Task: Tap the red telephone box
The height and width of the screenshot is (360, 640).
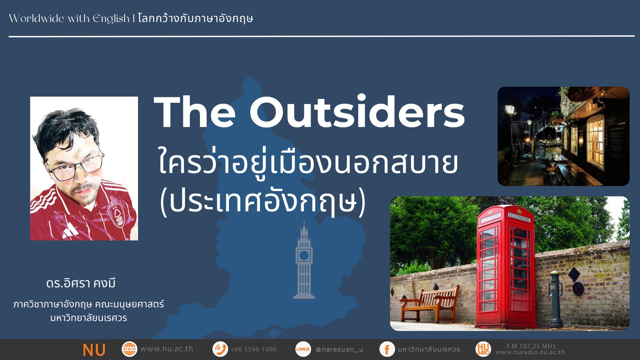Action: (506, 267)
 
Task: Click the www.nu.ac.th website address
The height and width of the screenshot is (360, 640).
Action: (167, 349)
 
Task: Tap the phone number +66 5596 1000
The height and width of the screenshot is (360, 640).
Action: (253, 349)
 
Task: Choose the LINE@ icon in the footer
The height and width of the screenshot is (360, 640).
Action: (303, 349)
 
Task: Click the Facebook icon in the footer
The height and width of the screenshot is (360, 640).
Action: (387, 349)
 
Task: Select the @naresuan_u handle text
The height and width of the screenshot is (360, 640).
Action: (339, 350)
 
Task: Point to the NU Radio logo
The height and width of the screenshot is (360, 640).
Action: (483, 349)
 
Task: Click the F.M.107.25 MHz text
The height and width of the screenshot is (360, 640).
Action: (531, 346)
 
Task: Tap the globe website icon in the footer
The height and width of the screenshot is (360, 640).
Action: (129, 349)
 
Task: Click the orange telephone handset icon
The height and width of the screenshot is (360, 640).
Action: (220, 349)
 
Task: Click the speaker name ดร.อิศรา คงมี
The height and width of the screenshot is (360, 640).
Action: (81, 283)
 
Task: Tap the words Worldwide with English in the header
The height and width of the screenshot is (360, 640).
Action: (69, 19)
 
